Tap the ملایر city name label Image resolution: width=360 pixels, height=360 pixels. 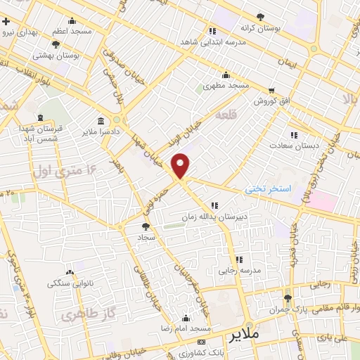click(x=244, y=334)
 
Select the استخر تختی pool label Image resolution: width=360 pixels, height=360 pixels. click(x=268, y=189)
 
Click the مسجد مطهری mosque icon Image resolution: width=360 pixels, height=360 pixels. click(x=226, y=75)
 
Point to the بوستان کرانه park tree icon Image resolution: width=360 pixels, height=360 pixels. click(x=261, y=16)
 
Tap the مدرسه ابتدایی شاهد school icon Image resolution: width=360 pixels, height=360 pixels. click(x=212, y=31)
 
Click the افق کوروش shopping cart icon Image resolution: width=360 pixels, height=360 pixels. click(x=271, y=91)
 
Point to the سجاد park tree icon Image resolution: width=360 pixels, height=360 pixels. click(x=146, y=226)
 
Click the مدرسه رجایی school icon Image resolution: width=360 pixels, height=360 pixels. click(x=239, y=259)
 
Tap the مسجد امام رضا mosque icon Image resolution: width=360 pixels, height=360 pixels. click(x=186, y=318)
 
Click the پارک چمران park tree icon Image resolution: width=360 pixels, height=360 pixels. click(x=287, y=298)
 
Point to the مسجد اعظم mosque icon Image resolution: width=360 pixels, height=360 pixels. click(x=72, y=22)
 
